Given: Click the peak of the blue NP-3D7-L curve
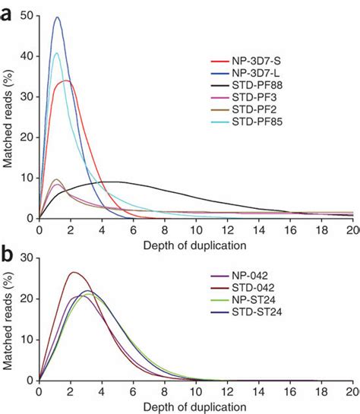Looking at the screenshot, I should (x=57, y=17).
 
